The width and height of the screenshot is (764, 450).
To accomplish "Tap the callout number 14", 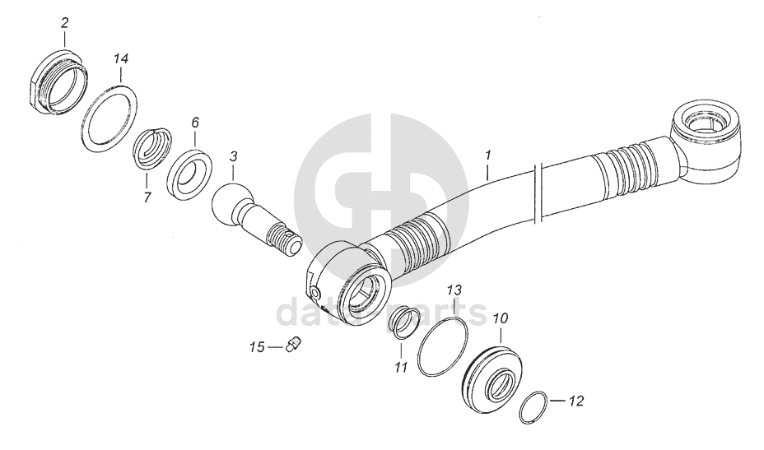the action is click(x=121, y=59).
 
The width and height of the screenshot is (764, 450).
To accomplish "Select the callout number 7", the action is click(x=148, y=197).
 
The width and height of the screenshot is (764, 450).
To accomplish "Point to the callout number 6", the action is click(x=195, y=123).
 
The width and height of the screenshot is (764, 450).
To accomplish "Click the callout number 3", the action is click(x=234, y=155).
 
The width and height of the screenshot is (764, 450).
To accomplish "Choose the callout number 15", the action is click(x=258, y=348).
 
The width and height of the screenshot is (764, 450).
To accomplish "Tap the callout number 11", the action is click(x=401, y=367).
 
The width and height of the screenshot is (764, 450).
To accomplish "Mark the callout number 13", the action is click(x=455, y=290).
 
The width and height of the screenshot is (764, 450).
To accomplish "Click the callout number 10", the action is click(x=500, y=318).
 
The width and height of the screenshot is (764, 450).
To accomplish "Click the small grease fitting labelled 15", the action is click(x=292, y=345).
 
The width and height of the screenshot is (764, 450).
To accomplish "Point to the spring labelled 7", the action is click(x=153, y=146).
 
